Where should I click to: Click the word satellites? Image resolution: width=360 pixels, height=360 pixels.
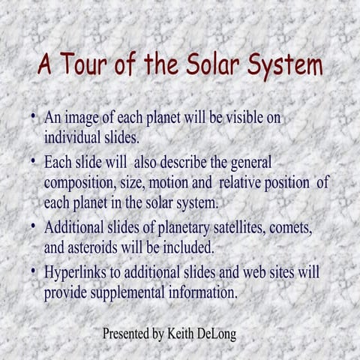tap(234, 226)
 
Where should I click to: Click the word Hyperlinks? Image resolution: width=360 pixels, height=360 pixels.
tap(79, 271)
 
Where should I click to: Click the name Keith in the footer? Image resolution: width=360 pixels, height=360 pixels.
tap(182, 334)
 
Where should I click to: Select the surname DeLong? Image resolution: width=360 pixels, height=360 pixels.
tap(218, 334)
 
